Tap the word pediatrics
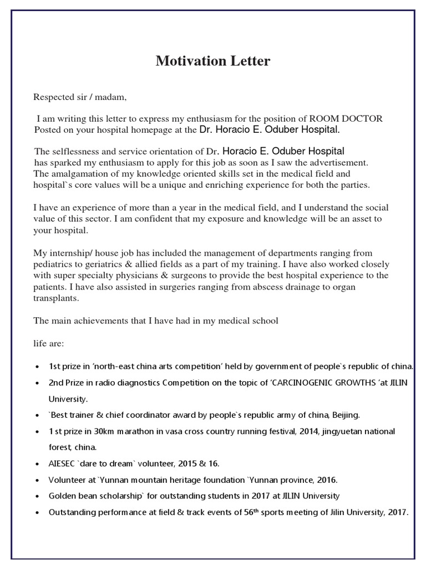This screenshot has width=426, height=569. click(55, 264)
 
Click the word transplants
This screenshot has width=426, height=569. click(57, 298)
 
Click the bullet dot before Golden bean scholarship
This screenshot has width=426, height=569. click(37, 496)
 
